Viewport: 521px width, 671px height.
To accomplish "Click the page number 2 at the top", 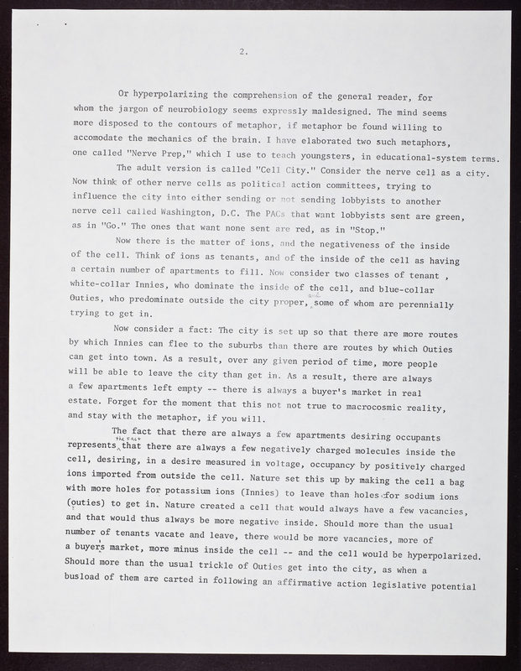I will tap(242, 52).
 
